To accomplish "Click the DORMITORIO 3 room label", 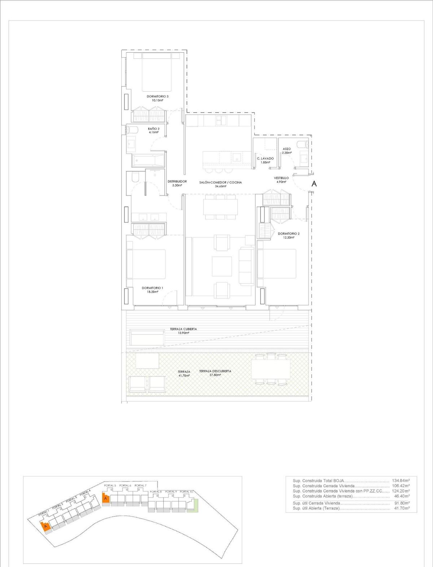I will coord(157,96).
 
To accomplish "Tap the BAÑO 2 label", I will coord(153,128).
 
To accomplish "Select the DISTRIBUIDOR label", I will coord(177,181).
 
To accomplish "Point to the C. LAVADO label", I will coord(265,158).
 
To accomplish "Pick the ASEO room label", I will coord(287,149).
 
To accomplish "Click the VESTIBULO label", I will coord(281,178).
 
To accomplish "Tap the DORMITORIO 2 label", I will coord(288,234).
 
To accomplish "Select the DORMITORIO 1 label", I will coord(152,288).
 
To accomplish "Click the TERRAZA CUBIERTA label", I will coord(183,329).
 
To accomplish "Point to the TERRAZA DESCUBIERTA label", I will coord(215,371).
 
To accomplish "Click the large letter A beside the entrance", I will coord(314,184).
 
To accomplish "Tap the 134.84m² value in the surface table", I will coord(401,480).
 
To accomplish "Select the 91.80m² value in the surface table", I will coord(402,503).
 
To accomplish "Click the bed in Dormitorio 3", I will coord(156,72).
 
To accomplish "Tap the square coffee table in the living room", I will coord(222,266).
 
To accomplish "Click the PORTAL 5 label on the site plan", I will coord(110,485).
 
